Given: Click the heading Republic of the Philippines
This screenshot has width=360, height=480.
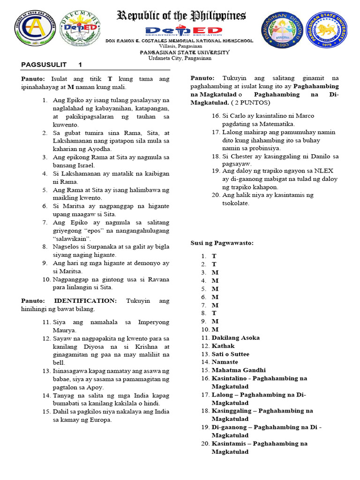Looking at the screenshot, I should coord(181,16).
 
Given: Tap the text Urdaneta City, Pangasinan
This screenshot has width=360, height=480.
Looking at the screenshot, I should coord(180,58).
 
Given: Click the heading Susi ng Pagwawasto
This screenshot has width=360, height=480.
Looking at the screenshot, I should coord(222,243).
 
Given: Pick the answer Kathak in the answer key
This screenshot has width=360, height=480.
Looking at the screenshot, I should coord(223,346).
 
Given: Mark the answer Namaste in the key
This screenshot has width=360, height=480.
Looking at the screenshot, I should coord(225,362).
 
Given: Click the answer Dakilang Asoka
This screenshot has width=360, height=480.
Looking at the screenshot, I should coord(235,337).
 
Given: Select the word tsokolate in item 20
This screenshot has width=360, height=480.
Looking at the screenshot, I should coord(236,203).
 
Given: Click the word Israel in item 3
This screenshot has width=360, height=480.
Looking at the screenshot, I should coord(85,165).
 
